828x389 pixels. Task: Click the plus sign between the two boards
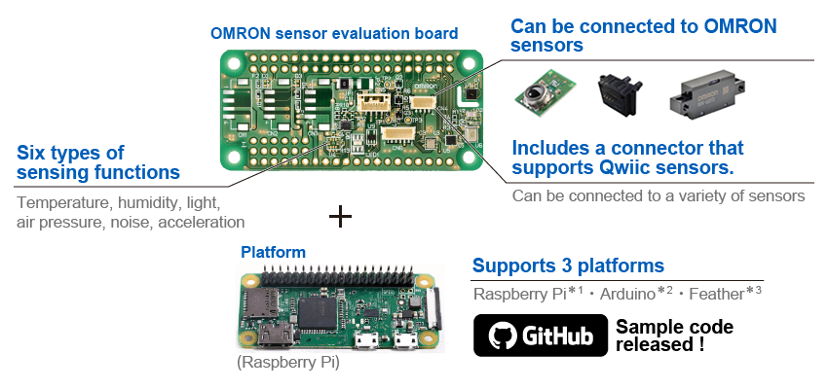pos(340,216)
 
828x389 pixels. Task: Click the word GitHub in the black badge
pos(558,337)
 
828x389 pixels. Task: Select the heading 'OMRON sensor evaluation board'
pos(334,33)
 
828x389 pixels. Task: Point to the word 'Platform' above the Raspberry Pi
pos(273,252)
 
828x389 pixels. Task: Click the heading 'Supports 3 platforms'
pos(569,265)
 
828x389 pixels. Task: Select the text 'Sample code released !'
pos(673,336)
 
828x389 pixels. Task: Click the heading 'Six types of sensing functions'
pos(98,162)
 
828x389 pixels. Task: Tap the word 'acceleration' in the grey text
pos(201,222)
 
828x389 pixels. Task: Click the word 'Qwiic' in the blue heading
pos(630,168)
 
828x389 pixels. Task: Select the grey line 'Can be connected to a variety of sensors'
pos(659,195)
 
